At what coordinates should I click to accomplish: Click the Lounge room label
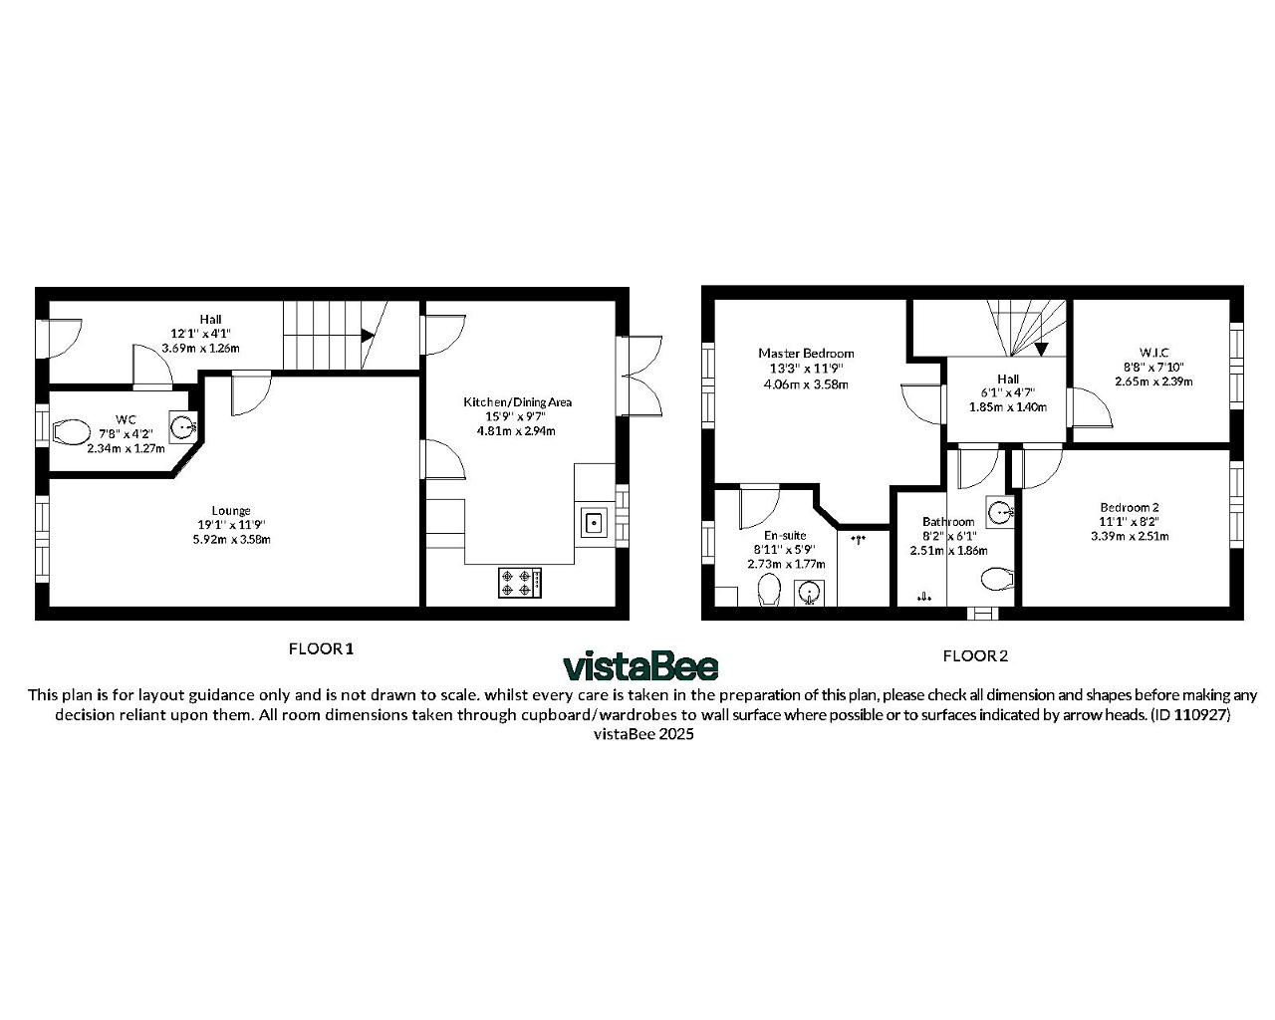point(231,510)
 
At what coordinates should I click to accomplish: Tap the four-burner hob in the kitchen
point(520,583)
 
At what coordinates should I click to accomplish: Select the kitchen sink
point(594,523)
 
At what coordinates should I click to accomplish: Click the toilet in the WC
point(71,432)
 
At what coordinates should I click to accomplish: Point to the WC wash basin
point(182,426)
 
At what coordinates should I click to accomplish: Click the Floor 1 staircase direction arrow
point(368,336)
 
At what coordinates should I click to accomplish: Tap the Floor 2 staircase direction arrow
point(1041,349)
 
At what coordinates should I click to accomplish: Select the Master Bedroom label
point(806,354)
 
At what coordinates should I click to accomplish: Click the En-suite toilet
point(769,589)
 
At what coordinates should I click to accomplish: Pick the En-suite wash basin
point(809,592)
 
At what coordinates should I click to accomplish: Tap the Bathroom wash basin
point(1000,511)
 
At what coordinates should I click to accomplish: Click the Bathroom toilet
point(997,579)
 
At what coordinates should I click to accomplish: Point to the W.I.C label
point(1153,352)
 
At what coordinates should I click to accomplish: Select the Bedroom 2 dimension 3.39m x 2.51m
point(1130,536)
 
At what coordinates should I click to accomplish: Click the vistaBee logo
point(639,666)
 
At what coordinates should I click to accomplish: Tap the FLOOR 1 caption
point(321,649)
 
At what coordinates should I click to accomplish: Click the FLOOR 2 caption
point(975,655)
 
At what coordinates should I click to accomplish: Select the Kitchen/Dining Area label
point(517,401)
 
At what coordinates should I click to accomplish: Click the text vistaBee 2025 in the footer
point(643,734)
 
